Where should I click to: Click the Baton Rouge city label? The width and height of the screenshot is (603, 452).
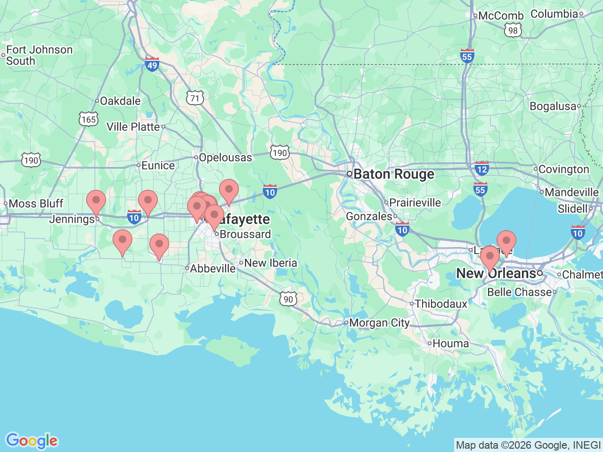pos(393,174)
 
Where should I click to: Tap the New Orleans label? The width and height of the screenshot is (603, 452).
pos(496,274)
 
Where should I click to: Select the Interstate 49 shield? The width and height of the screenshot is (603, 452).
pos(152,64)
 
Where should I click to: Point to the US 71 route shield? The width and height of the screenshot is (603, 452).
pos(195,98)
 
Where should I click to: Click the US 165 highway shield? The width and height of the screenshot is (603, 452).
pos(88,119)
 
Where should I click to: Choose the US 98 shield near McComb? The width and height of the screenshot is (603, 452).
pos(513,31)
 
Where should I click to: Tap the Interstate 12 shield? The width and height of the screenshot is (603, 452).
pos(481,168)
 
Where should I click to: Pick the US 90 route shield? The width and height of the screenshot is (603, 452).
pos(288,299)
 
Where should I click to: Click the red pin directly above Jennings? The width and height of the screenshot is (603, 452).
pos(96,202)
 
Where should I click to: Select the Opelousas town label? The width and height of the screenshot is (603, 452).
pos(225,158)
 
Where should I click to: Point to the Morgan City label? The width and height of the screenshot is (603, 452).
pos(379,323)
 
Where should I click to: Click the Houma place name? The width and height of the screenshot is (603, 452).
pos(450,344)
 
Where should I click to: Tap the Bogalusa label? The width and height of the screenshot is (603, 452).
pos(553,106)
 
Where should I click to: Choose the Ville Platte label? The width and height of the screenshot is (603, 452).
pos(133,127)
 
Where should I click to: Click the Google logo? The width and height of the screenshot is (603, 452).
pos(32,441)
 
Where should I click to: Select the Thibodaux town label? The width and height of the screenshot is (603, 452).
pos(441,304)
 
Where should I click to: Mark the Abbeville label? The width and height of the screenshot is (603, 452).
pos(212,268)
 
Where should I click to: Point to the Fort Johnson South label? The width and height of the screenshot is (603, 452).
pos(39,56)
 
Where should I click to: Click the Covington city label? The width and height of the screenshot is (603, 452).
pos(563,169)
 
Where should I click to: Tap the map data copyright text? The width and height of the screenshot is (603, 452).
pos(528,445)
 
